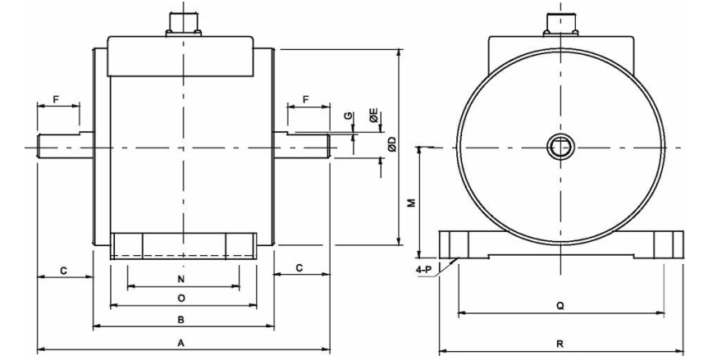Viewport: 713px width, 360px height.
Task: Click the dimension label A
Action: (x=181, y=344)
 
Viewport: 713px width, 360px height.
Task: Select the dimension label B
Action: (x=181, y=320)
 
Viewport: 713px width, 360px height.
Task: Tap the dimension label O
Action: (x=181, y=298)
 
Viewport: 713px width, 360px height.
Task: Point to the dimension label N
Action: (x=181, y=279)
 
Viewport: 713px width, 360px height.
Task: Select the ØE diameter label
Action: (x=374, y=116)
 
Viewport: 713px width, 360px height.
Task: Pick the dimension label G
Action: (x=348, y=116)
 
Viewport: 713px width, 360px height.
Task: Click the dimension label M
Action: (x=412, y=203)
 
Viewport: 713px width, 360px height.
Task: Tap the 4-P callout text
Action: (x=424, y=270)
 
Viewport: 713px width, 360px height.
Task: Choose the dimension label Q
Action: (x=560, y=307)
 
